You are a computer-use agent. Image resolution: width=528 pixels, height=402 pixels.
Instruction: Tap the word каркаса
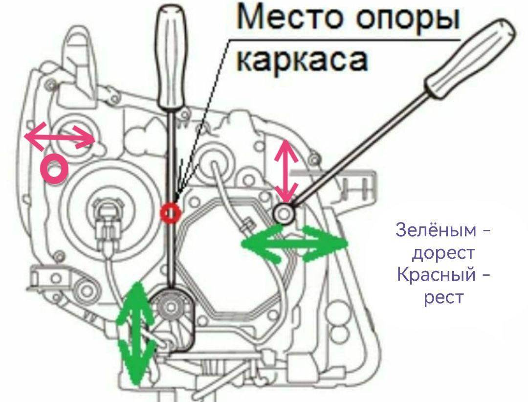[303, 60]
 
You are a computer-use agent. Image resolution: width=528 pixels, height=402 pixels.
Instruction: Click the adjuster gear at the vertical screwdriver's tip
[171, 307]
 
